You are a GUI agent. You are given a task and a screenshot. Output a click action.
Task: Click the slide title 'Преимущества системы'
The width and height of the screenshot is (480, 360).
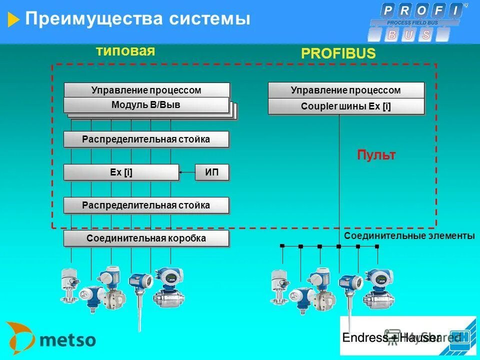point(137,19)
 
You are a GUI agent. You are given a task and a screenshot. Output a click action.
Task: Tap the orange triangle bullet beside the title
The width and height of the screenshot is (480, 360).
point(14,20)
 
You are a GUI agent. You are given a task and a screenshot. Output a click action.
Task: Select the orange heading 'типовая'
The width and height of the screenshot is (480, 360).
point(125,51)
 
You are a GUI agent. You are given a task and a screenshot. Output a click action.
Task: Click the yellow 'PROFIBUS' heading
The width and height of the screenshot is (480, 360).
point(338,54)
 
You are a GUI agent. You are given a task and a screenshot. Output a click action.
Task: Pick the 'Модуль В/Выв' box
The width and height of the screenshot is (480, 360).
point(146,105)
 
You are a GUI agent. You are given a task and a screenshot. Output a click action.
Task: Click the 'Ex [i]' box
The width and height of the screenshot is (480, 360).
point(121,172)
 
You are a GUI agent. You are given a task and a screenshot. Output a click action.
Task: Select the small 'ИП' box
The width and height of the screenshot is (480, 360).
point(211,172)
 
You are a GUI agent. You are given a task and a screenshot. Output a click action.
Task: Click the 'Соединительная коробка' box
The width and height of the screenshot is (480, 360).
point(146,238)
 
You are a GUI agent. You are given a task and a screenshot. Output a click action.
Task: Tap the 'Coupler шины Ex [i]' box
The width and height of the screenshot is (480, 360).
point(346,106)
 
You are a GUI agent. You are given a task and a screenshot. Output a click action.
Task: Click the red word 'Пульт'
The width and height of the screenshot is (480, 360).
point(376,155)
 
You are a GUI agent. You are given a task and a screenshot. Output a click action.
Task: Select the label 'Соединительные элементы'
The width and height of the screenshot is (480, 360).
point(409,236)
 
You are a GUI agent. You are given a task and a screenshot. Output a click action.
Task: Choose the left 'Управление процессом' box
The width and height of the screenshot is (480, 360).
point(146,90)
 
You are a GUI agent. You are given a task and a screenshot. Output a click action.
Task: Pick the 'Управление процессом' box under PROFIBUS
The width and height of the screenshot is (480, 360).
point(346,90)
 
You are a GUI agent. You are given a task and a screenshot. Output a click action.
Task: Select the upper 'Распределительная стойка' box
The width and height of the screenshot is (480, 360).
point(146,139)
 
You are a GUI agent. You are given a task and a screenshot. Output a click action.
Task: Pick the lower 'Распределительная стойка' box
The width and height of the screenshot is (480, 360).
point(146,205)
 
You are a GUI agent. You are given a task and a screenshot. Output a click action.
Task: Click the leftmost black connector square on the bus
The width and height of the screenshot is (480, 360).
point(282,246)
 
